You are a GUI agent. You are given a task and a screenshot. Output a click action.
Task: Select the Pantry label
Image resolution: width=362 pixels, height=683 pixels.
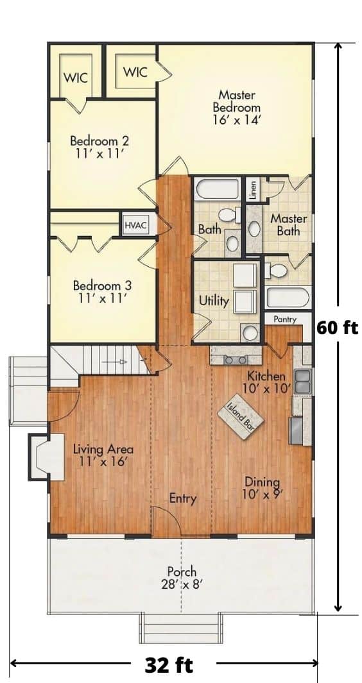tap(284, 319)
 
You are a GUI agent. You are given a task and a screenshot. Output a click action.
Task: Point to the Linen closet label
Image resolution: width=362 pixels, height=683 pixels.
tap(253, 190)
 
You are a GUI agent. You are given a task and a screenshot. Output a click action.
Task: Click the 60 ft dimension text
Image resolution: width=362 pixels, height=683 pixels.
tap(337, 327)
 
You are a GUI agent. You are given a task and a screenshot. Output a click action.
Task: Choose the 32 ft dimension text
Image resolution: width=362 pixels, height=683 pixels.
tap(169, 665)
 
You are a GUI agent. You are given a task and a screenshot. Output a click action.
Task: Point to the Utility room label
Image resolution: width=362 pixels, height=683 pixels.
tap(214, 300)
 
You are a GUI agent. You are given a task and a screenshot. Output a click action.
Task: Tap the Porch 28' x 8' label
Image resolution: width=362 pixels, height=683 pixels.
tap(182, 577)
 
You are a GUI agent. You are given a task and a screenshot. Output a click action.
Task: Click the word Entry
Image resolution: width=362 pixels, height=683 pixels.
tap(183, 498)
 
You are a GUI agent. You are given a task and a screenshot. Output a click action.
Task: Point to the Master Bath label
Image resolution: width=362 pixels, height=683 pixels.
tap(288, 224)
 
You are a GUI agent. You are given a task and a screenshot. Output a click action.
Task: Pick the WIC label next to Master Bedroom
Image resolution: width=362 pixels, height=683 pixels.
tap(135, 71)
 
